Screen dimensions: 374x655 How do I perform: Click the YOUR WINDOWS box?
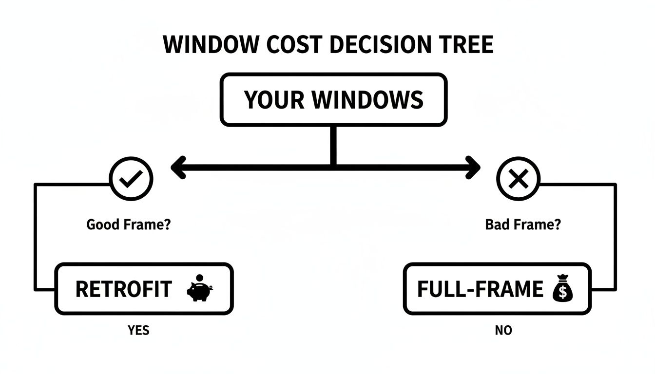(333, 100)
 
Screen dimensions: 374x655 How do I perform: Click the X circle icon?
(518, 180)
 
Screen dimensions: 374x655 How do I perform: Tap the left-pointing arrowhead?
(178, 167)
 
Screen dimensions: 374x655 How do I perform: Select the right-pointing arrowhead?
(473, 167)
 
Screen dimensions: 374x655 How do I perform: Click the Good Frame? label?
(129, 225)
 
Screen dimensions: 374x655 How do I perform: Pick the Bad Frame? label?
(523, 225)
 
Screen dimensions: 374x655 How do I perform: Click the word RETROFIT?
(124, 290)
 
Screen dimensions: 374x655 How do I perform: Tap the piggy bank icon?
(200, 289)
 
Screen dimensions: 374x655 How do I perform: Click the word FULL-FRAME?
(480, 289)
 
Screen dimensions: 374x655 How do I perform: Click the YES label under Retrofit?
(138, 330)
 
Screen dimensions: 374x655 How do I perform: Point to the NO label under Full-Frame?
(503, 330)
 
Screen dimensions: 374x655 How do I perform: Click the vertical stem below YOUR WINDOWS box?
(333, 145)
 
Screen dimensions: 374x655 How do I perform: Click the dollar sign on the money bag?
(563, 292)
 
